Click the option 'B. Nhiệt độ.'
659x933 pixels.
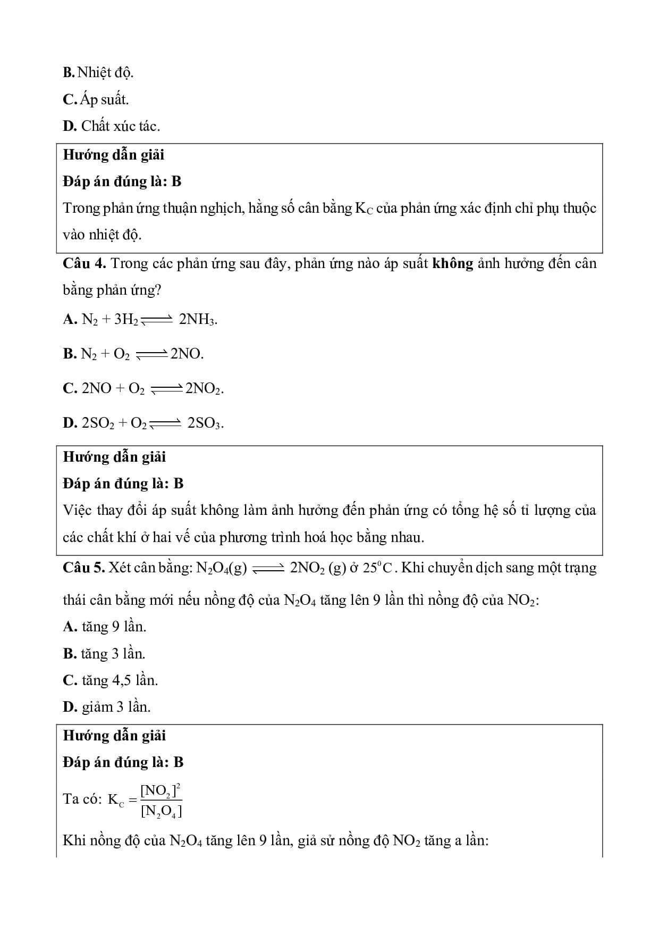98,72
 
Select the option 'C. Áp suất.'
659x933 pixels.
96,99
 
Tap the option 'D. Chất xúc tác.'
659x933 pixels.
111,126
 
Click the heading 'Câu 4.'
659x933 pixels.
85,263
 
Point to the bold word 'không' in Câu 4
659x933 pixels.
452,263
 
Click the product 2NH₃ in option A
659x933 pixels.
198,320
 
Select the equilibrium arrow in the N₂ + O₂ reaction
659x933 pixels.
151,354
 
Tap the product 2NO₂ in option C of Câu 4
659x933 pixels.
204,389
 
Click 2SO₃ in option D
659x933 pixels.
205,423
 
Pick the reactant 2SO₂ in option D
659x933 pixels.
98,423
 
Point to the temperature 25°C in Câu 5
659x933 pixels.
377,568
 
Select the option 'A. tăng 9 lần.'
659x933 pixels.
104,627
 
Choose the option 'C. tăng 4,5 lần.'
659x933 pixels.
110,680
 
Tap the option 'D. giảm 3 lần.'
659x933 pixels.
106,707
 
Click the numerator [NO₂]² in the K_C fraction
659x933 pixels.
161,791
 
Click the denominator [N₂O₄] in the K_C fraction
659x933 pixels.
161,811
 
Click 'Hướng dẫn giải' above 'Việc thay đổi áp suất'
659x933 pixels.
114,457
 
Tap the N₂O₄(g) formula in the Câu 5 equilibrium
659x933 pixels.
222,568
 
